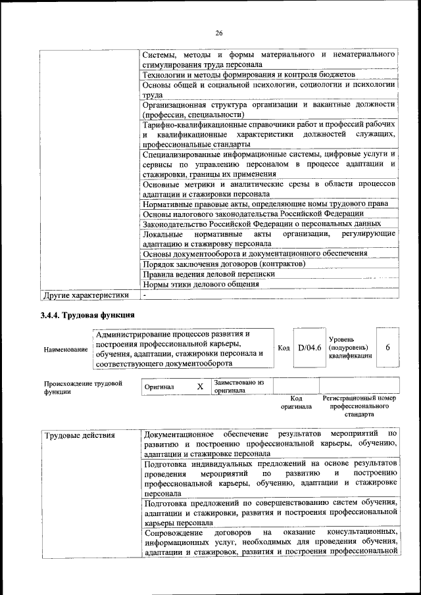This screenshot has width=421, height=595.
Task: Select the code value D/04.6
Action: coord(309,348)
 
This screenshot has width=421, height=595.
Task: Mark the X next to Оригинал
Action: coord(200,387)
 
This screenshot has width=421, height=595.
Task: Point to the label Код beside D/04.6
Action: coord(284,348)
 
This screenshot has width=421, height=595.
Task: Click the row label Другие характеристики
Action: coord(85,295)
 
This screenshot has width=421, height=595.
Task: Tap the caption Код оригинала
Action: coord(296,402)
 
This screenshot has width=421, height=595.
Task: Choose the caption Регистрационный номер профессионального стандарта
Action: coord(359,406)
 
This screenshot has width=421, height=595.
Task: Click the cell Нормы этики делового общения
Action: coord(201,285)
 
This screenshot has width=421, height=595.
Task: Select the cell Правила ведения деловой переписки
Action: coord(209,274)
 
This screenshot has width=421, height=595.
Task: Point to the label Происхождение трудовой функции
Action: coord(83,387)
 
